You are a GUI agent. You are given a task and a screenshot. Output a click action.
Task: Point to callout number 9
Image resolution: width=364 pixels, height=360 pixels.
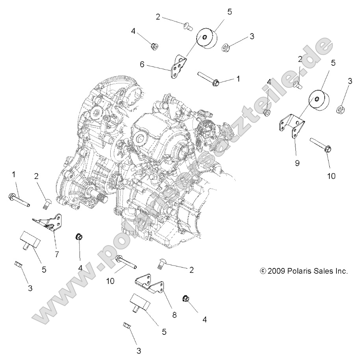click(296, 151)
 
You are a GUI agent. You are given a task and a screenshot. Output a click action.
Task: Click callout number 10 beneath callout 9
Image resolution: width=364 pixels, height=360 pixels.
click(331, 176)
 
